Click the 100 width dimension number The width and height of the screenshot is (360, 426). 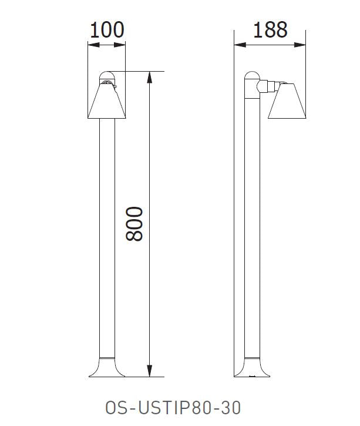(x=106, y=30)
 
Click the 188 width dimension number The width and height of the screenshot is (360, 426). (x=270, y=30)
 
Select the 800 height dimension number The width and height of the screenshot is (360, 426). (x=135, y=223)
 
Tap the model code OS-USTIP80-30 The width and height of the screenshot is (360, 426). (x=173, y=407)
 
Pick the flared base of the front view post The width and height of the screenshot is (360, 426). (x=106, y=367)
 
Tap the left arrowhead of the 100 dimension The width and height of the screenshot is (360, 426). (x=90, y=44)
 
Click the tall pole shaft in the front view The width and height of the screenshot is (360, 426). (x=106, y=235)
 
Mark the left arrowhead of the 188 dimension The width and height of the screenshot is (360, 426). (x=237, y=44)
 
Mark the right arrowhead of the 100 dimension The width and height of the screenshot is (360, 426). (x=122, y=44)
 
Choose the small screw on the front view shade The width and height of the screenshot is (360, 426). (x=115, y=88)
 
